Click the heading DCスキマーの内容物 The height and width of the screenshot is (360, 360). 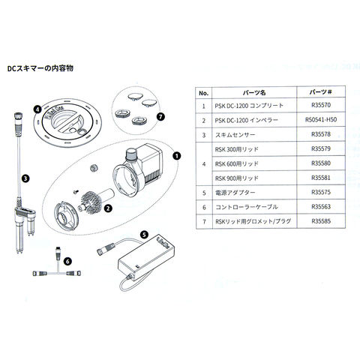[x=40, y=68]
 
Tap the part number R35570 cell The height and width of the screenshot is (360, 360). [x=321, y=105]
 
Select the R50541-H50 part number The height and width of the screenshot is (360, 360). [x=321, y=119]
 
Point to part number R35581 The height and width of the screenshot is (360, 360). [x=321, y=178]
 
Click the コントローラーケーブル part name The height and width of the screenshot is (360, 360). [x=247, y=207]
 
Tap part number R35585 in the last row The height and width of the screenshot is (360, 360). [x=321, y=221]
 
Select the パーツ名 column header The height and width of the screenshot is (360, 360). [x=254, y=93]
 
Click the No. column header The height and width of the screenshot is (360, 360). [x=204, y=93]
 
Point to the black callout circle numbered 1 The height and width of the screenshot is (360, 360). [x=176, y=156]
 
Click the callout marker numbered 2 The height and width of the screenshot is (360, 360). [x=108, y=208]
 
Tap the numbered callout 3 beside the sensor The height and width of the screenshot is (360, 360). [x=25, y=178]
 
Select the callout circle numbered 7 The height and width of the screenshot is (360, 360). [x=160, y=116]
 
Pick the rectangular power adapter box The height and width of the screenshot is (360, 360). [x=146, y=256]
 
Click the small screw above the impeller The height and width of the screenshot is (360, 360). [x=76, y=191]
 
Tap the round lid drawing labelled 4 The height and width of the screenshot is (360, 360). [x=67, y=122]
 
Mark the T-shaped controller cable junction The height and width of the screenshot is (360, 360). [x=57, y=272]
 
